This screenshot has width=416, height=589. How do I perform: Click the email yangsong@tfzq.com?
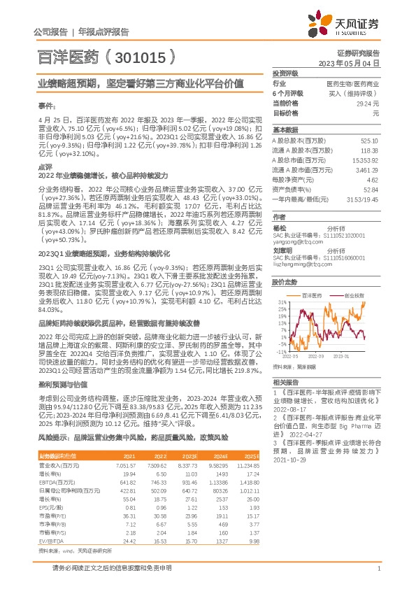(296, 242)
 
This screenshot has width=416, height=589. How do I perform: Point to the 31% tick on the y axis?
(280, 303)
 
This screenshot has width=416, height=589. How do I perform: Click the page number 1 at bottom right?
(378, 571)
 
